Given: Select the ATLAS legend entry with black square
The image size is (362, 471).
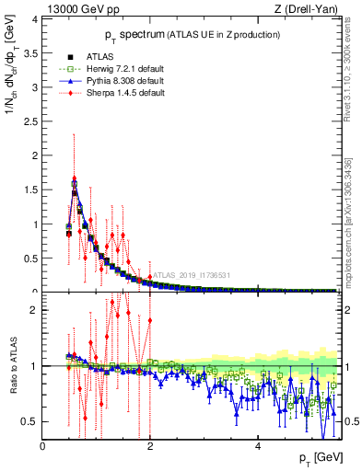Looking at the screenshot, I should click(x=88, y=57).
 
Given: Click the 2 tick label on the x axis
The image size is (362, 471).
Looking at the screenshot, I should click(x=150, y=446).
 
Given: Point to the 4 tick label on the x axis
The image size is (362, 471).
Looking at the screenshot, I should click(x=258, y=446).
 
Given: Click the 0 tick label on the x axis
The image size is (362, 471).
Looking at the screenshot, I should click(x=43, y=446).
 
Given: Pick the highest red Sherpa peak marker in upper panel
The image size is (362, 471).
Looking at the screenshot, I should click(x=74, y=178).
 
